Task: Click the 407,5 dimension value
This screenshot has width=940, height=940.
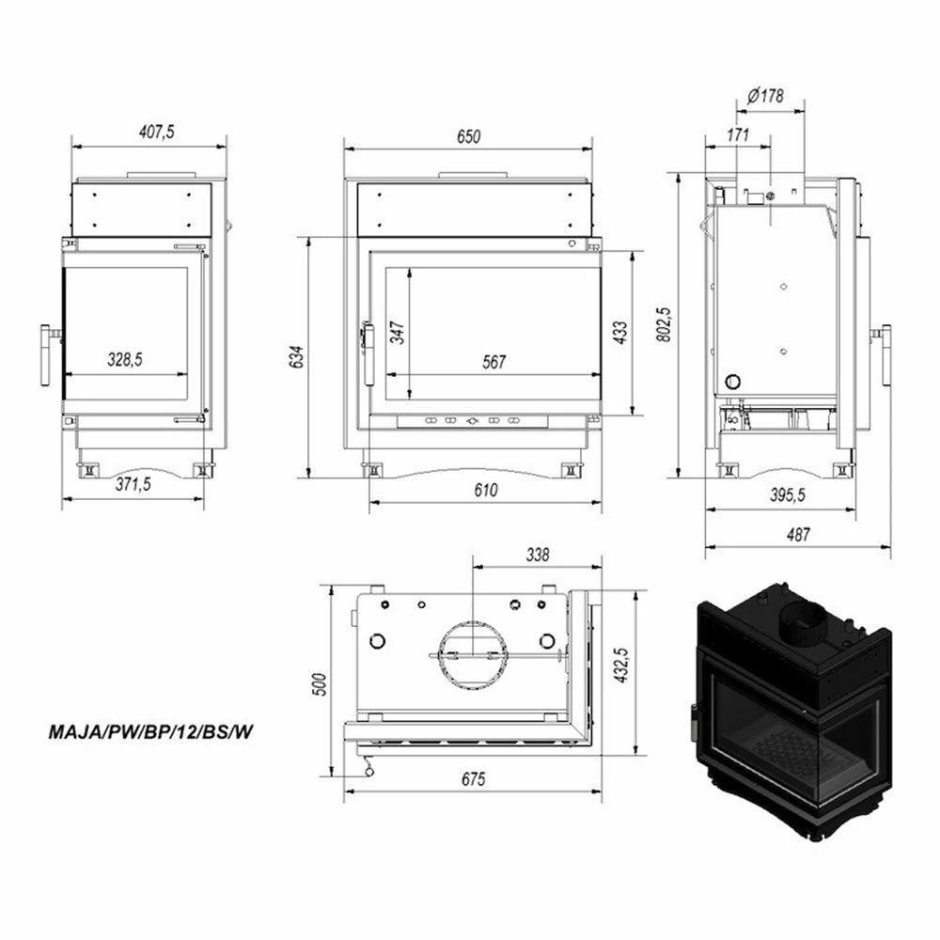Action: coord(156,132)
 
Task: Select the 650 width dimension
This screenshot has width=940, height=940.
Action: coord(468,136)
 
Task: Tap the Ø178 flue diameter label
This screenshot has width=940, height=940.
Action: coord(765,96)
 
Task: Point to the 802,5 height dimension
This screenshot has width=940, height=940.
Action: coord(664,325)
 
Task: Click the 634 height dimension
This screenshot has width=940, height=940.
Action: coord(297,356)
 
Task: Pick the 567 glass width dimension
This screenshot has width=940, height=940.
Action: coord(494,362)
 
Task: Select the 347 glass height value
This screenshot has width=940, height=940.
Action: coord(397,333)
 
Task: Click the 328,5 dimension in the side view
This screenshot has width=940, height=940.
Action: coord(125,360)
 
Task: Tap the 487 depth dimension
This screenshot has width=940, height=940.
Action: coord(798,534)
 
